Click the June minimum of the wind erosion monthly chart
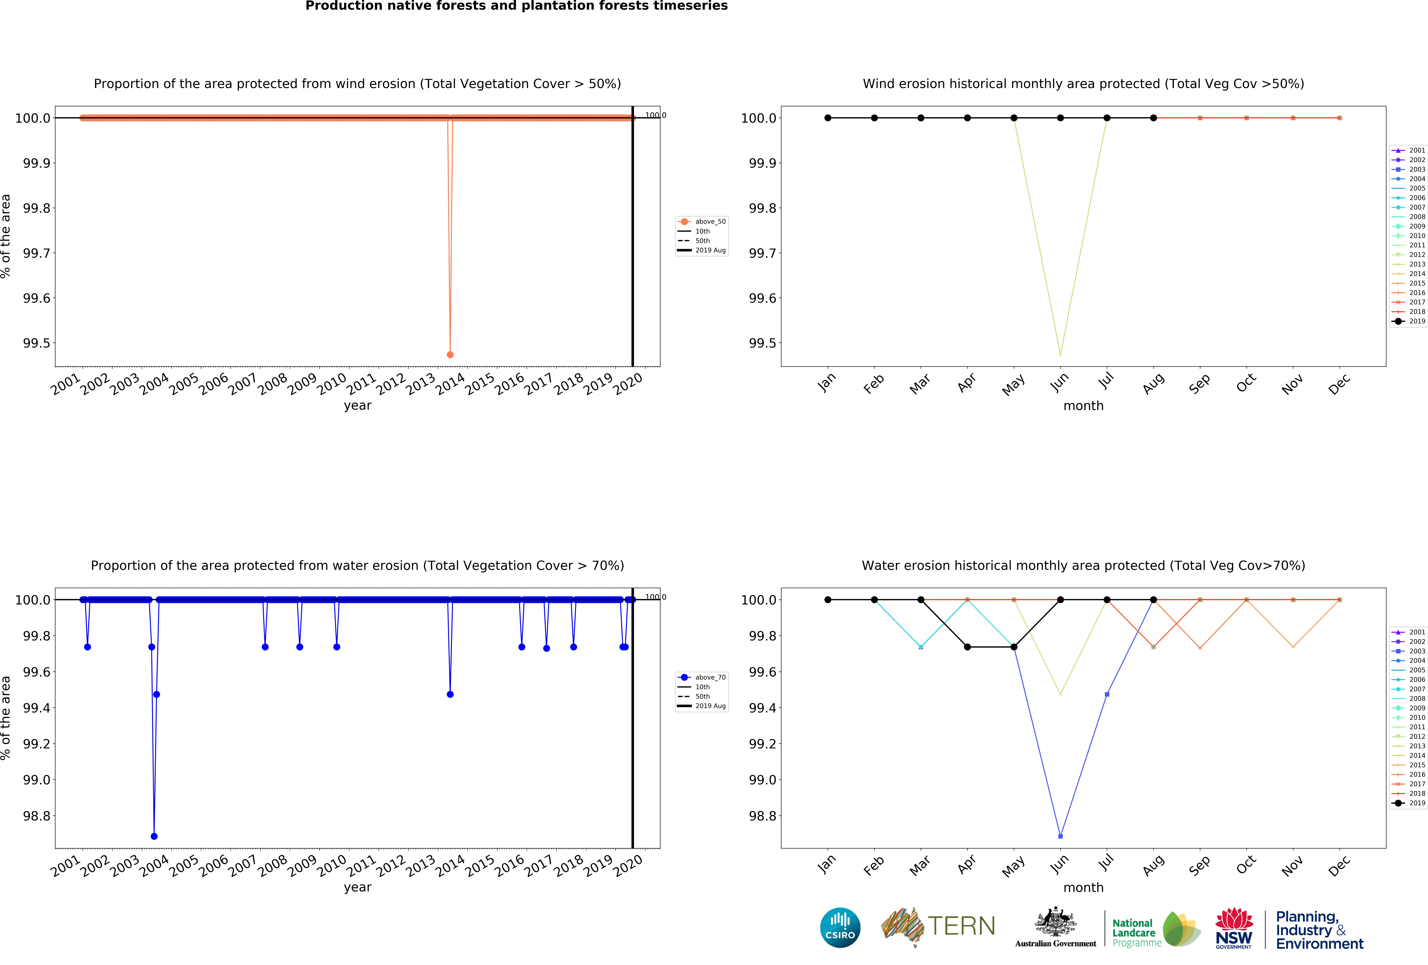click(x=1060, y=354)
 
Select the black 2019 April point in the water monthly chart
click(x=967, y=647)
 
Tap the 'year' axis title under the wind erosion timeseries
click(x=358, y=405)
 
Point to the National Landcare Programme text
click(x=1136, y=932)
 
